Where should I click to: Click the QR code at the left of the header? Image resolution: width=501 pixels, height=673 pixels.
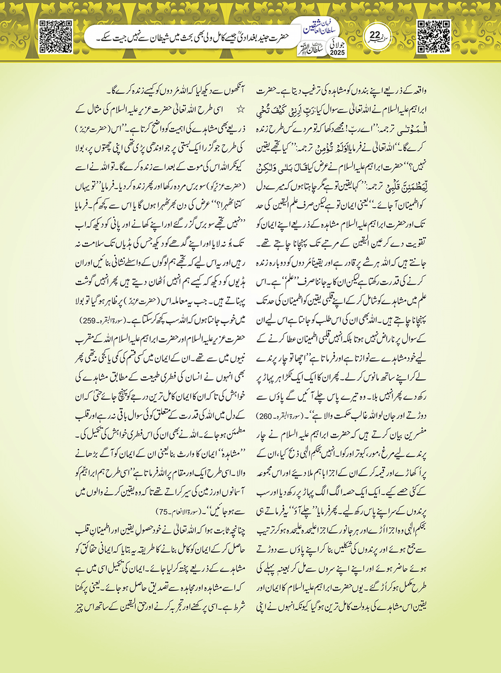56,36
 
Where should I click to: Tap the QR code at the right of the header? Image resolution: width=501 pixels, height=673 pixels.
434,36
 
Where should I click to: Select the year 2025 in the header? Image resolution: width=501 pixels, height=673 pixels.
337,52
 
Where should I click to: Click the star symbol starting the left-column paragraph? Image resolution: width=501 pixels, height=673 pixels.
239,109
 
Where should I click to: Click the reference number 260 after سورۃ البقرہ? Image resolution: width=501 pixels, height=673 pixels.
265,416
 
